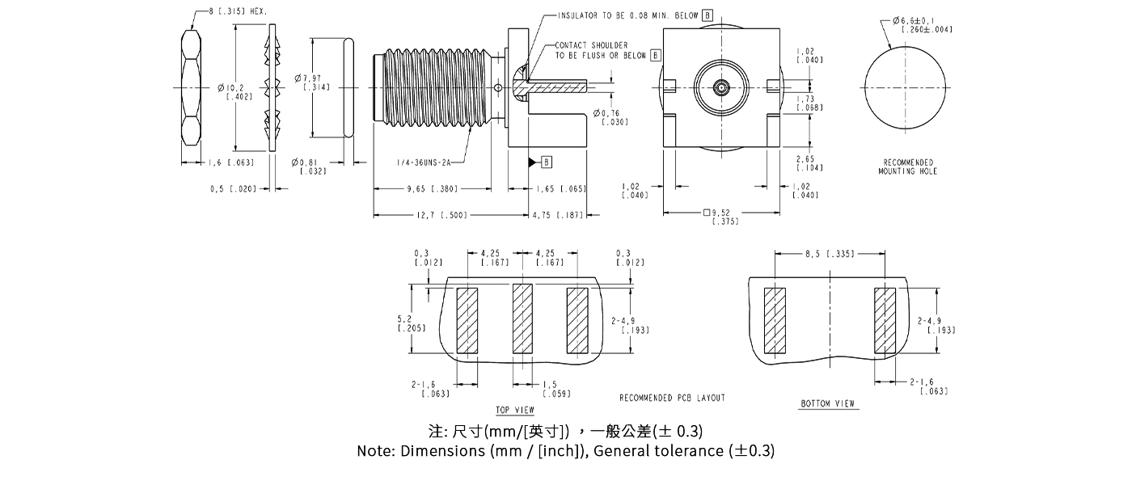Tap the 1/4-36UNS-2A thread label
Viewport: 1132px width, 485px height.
click(423, 161)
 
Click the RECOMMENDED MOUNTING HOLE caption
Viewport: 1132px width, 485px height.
click(908, 167)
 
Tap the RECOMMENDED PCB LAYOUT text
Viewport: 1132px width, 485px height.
click(672, 398)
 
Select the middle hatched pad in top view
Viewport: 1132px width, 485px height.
click(522, 319)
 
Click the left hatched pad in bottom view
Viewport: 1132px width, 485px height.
click(775, 321)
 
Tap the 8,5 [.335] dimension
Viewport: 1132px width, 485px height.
click(831, 254)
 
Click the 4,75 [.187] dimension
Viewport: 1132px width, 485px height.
click(560, 215)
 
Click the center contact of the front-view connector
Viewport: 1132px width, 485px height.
click(720, 86)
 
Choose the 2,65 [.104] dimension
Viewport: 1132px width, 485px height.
click(809, 163)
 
